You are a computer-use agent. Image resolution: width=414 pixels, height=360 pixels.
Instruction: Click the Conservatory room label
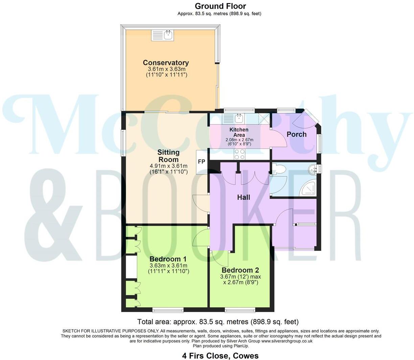click(166, 63)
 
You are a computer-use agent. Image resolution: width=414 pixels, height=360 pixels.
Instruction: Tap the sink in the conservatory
click(163, 35)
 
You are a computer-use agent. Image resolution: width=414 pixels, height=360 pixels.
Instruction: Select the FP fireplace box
click(201, 162)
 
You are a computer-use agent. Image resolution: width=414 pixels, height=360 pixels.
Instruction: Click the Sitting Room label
click(168, 156)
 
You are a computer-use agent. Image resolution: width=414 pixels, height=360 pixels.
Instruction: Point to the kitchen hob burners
click(239, 154)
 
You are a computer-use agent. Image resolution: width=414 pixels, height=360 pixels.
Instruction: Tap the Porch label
click(296, 134)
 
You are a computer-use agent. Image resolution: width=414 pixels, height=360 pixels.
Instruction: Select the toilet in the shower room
click(278, 169)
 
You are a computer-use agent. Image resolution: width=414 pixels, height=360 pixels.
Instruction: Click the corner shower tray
click(309, 188)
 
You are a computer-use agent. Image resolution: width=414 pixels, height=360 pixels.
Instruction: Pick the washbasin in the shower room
click(314, 168)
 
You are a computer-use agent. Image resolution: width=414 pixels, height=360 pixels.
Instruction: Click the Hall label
click(243, 197)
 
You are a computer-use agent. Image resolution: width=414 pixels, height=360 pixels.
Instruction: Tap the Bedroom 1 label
click(168, 259)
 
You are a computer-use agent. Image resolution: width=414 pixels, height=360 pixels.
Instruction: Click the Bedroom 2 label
click(240, 270)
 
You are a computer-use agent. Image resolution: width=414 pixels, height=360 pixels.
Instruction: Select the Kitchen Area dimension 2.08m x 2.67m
click(239, 140)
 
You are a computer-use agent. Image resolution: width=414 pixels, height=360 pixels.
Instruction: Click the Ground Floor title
click(220, 6)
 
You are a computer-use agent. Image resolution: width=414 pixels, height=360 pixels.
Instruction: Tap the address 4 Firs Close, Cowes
click(220, 356)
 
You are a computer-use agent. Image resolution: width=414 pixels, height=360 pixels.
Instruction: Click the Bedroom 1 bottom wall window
click(168, 310)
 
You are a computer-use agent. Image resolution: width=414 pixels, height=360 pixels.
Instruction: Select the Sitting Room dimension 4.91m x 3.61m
click(168, 166)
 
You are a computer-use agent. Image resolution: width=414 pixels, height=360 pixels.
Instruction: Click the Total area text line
click(218, 322)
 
